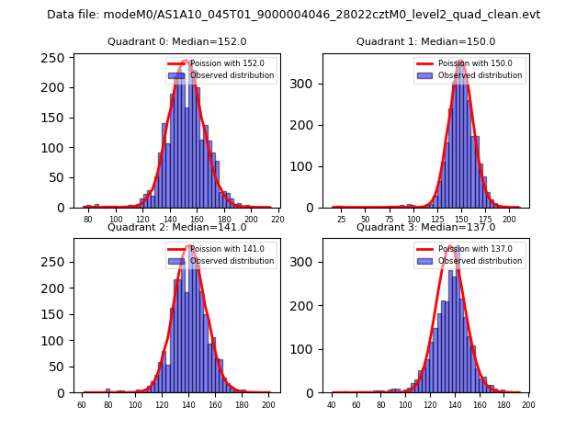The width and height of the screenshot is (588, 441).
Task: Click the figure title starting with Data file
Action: click(x=293, y=15)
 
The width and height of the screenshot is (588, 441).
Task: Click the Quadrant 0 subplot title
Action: click(x=176, y=41)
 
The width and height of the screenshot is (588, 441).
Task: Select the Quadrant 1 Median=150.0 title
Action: click(x=425, y=41)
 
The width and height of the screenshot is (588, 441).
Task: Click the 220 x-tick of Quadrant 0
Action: click(x=277, y=220)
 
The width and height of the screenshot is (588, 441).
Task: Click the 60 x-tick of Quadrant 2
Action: click(x=82, y=405)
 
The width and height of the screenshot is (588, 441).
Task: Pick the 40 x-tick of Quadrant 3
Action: click(x=332, y=405)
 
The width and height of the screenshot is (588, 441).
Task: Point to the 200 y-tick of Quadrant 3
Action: click(x=305, y=306)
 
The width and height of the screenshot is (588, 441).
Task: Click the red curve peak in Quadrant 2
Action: click(x=189, y=245)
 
